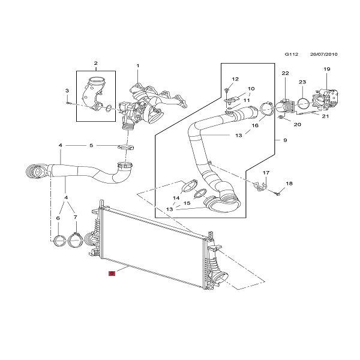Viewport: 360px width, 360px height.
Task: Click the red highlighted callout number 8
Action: coord(111,273)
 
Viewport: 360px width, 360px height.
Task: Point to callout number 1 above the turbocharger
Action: coord(137,65)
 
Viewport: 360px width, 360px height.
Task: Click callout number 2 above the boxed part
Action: coord(95,63)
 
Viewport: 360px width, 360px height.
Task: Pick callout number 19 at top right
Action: coord(326,69)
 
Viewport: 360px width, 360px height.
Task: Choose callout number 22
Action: coord(285,73)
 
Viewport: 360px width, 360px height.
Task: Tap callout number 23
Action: coord(302,82)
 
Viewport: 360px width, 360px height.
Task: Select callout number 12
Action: coord(235,79)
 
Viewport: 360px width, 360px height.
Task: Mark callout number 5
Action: coord(91,145)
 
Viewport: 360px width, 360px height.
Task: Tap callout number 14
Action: coord(176,198)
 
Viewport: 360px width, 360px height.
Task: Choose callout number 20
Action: coord(297,124)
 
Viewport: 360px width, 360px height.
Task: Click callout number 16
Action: coord(254,126)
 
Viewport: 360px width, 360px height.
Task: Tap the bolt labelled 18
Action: coord(280,193)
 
